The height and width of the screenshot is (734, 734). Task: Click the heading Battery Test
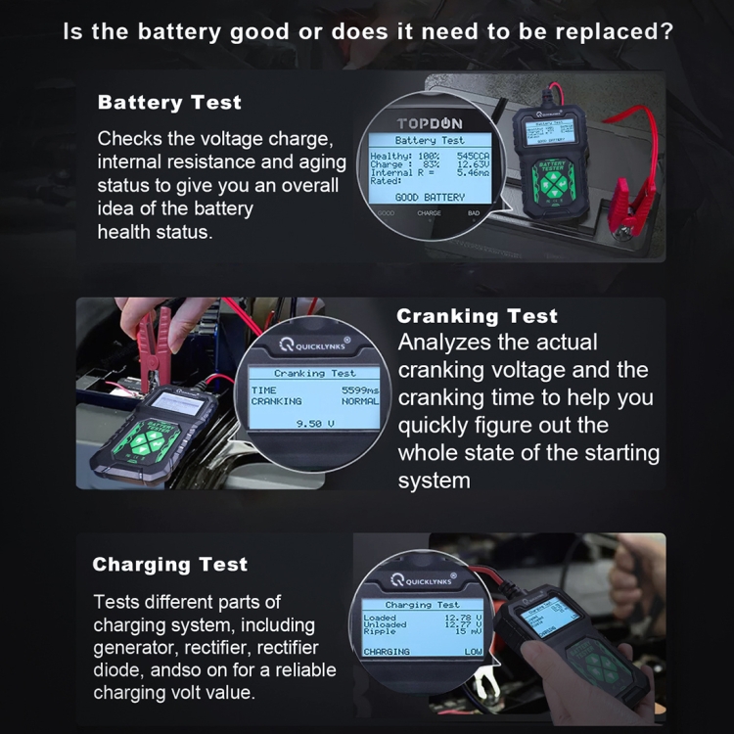pyautogui.click(x=169, y=103)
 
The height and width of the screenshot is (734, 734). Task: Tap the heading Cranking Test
pyautogui.click(x=477, y=316)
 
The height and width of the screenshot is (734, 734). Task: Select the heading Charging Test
pyautogui.click(x=169, y=565)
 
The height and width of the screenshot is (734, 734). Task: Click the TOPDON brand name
pyautogui.click(x=430, y=123)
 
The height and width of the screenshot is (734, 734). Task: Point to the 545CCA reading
pyautogui.click(x=472, y=156)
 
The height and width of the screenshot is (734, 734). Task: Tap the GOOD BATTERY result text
pyautogui.click(x=430, y=198)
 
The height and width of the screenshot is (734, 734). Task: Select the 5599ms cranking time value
pyautogui.click(x=359, y=390)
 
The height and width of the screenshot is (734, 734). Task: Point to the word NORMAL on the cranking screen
pyautogui.click(x=359, y=401)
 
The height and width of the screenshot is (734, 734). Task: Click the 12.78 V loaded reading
pyautogui.click(x=463, y=619)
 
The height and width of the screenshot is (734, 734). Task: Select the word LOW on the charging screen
pyautogui.click(x=473, y=651)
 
